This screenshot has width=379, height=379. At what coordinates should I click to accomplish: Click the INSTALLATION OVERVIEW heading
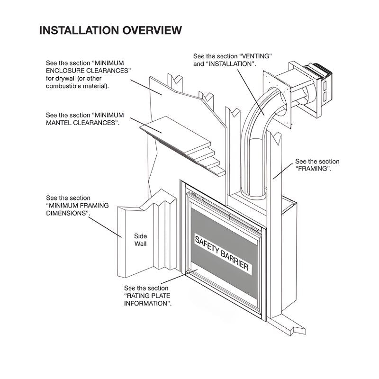point(110,30)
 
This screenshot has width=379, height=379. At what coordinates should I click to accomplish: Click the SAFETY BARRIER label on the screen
point(222,253)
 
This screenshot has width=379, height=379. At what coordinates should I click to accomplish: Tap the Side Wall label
point(140,240)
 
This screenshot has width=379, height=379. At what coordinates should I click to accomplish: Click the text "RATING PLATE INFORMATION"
point(147,299)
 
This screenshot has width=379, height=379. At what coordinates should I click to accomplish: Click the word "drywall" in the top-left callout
point(69,78)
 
